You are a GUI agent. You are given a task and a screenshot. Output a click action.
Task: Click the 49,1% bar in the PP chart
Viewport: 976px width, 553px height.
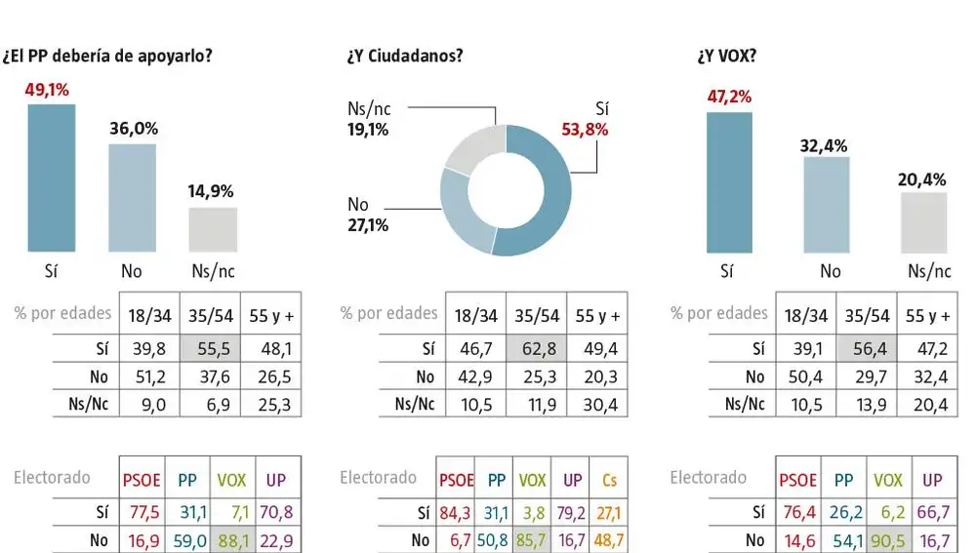pyautogui.click(x=51, y=178)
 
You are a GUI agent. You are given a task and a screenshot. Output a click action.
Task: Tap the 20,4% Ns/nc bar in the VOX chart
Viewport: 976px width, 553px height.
pyautogui.click(x=922, y=222)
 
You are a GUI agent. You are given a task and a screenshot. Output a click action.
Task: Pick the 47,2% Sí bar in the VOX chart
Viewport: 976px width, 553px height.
pyautogui.click(x=728, y=182)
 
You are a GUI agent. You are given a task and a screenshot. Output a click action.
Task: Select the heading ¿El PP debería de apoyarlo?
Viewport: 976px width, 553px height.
pyautogui.click(x=108, y=56)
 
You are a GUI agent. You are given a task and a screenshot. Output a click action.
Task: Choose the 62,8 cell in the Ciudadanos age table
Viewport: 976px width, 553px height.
pyautogui.click(x=536, y=347)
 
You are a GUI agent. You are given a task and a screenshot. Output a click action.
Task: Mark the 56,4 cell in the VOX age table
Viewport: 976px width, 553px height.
pyautogui.click(x=867, y=347)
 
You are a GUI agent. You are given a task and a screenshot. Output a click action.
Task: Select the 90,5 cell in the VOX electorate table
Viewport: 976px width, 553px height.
pyautogui.click(x=888, y=540)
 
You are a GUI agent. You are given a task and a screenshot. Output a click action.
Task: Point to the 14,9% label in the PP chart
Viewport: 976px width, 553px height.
pyautogui.click(x=211, y=191)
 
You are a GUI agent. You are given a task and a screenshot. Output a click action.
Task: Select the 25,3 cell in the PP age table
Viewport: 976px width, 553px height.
pyautogui.click(x=270, y=405)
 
